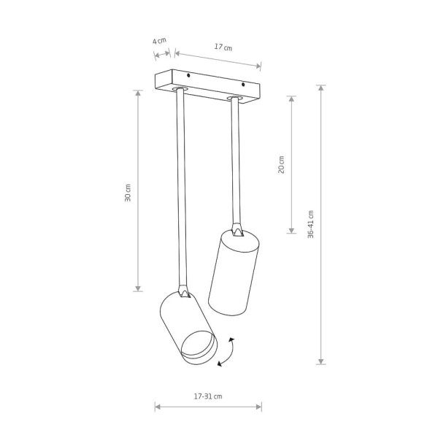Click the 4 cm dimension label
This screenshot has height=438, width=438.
pyautogui.click(x=159, y=41)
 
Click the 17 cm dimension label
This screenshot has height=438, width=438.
pyautogui.click(x=223, y=47)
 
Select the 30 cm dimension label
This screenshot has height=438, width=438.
pyautogui.click(x=128, y=193)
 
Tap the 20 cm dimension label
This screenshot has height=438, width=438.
pyautogui.click(x=281, y=164)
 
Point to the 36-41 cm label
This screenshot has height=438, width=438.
pyautogui.click(x=311, y=224)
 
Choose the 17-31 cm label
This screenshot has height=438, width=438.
pyautogui.click(x=208, y=396)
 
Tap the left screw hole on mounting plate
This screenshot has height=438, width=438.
pyautogui.click(x=188, y=75)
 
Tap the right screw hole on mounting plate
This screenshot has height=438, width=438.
pyautogui.click(x=243, y=85)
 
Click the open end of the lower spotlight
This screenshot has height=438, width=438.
pyautogui.click(x=199, y=345)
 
